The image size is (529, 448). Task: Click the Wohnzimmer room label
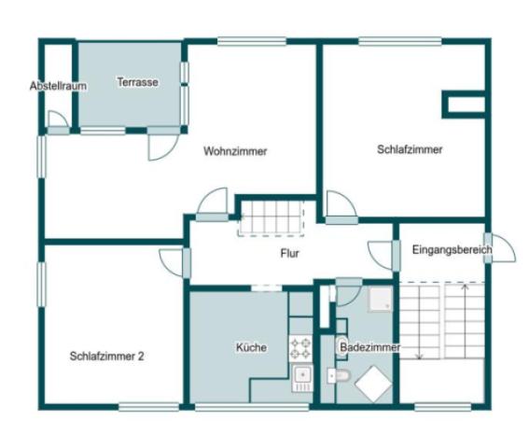[235, 151]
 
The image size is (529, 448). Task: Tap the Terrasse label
[137, 82]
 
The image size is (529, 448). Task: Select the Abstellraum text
[58, 86]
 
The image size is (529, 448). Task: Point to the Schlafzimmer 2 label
[106, 356]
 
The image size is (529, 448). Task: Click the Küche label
[251, 347]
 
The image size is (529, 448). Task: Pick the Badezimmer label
[369, 347]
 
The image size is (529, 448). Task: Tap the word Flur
[289, 253]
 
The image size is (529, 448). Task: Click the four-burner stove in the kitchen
[301, 348]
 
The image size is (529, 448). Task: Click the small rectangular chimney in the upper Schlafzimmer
[464, 104]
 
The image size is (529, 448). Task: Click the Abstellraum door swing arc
[58, 119]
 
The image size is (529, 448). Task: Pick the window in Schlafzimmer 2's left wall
[42, 285]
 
